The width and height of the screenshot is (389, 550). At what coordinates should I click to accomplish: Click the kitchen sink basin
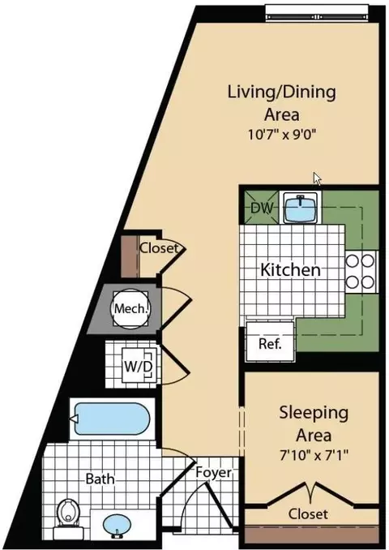click(x=301, y=208)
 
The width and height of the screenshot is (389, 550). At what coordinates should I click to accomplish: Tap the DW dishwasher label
click(x=262, y=208)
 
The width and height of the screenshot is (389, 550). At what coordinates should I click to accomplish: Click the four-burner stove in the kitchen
click(x=361, y=272)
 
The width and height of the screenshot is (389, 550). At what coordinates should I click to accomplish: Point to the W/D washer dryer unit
click(x=139, y=367)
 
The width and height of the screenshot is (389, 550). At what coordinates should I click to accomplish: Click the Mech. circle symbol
click(x=130, y=309)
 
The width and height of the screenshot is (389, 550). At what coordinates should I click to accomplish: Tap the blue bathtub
click(x=112, y=419)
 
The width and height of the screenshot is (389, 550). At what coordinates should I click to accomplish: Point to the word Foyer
click(x=214, y=472)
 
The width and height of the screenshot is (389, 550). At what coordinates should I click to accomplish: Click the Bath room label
click(x=100, y=479)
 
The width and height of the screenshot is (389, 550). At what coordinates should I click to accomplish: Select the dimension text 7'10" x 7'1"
click(x=314, y=455)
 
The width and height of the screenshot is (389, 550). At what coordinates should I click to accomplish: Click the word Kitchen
click(x=290, y=270)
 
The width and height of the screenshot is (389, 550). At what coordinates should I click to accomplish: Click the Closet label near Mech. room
click(x=159, y=248)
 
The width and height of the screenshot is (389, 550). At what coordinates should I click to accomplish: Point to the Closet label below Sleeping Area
click(x=309, y=513)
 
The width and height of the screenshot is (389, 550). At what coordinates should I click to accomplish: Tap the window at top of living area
click(x=317, y=13)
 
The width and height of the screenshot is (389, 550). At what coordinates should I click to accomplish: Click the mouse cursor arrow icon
click(x=317, y=178)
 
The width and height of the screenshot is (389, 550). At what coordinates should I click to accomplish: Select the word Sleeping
click(x=314, y=413)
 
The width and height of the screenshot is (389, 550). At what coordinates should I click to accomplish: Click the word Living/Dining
click(x=282, y=92)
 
